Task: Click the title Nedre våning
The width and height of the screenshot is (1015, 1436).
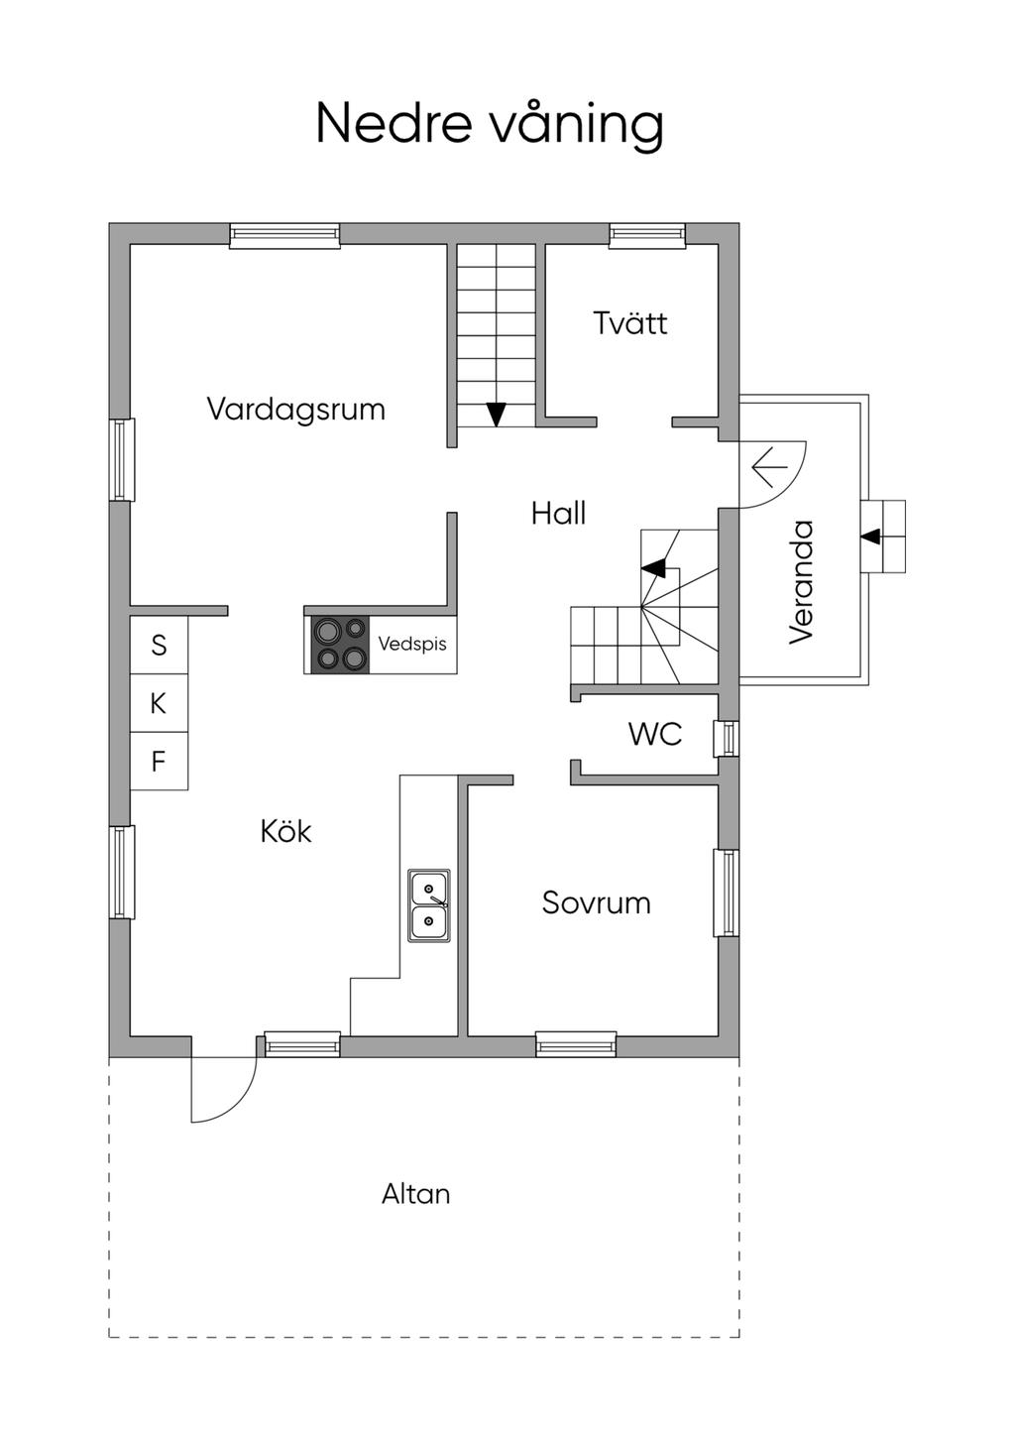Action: click(x=490, y=124)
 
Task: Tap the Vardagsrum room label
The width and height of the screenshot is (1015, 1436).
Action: click(x=295, y=409)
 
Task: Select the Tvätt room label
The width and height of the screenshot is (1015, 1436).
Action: click(x=630, y=323)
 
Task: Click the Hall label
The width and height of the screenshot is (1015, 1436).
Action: click(x=558, y=514)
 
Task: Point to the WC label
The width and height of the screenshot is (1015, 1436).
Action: click(x=655, y=735)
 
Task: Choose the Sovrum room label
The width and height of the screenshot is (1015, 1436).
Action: click(x=596, y=902)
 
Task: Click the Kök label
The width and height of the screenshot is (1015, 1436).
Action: click(x=285, y=831)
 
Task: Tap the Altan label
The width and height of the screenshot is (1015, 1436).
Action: click(x=416, y=1194)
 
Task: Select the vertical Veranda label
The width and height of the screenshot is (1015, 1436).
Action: click(x=801, y=582)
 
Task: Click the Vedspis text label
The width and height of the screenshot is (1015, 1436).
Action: click(x=412, y=644)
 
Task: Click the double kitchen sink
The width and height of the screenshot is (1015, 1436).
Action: click(x=429, y=904)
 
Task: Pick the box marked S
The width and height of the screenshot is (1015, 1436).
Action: click(x=159, y=646)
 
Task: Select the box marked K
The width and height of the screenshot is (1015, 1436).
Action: click(x=159, y=704)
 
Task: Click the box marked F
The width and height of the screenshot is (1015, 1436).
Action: click(x=159, y=762)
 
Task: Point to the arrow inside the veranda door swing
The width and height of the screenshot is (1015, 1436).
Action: click(x=769, y=465)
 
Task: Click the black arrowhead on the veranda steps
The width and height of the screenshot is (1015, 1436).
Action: click(x=870, y=537)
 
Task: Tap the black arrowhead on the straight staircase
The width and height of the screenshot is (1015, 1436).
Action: click(x=497, y=414)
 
